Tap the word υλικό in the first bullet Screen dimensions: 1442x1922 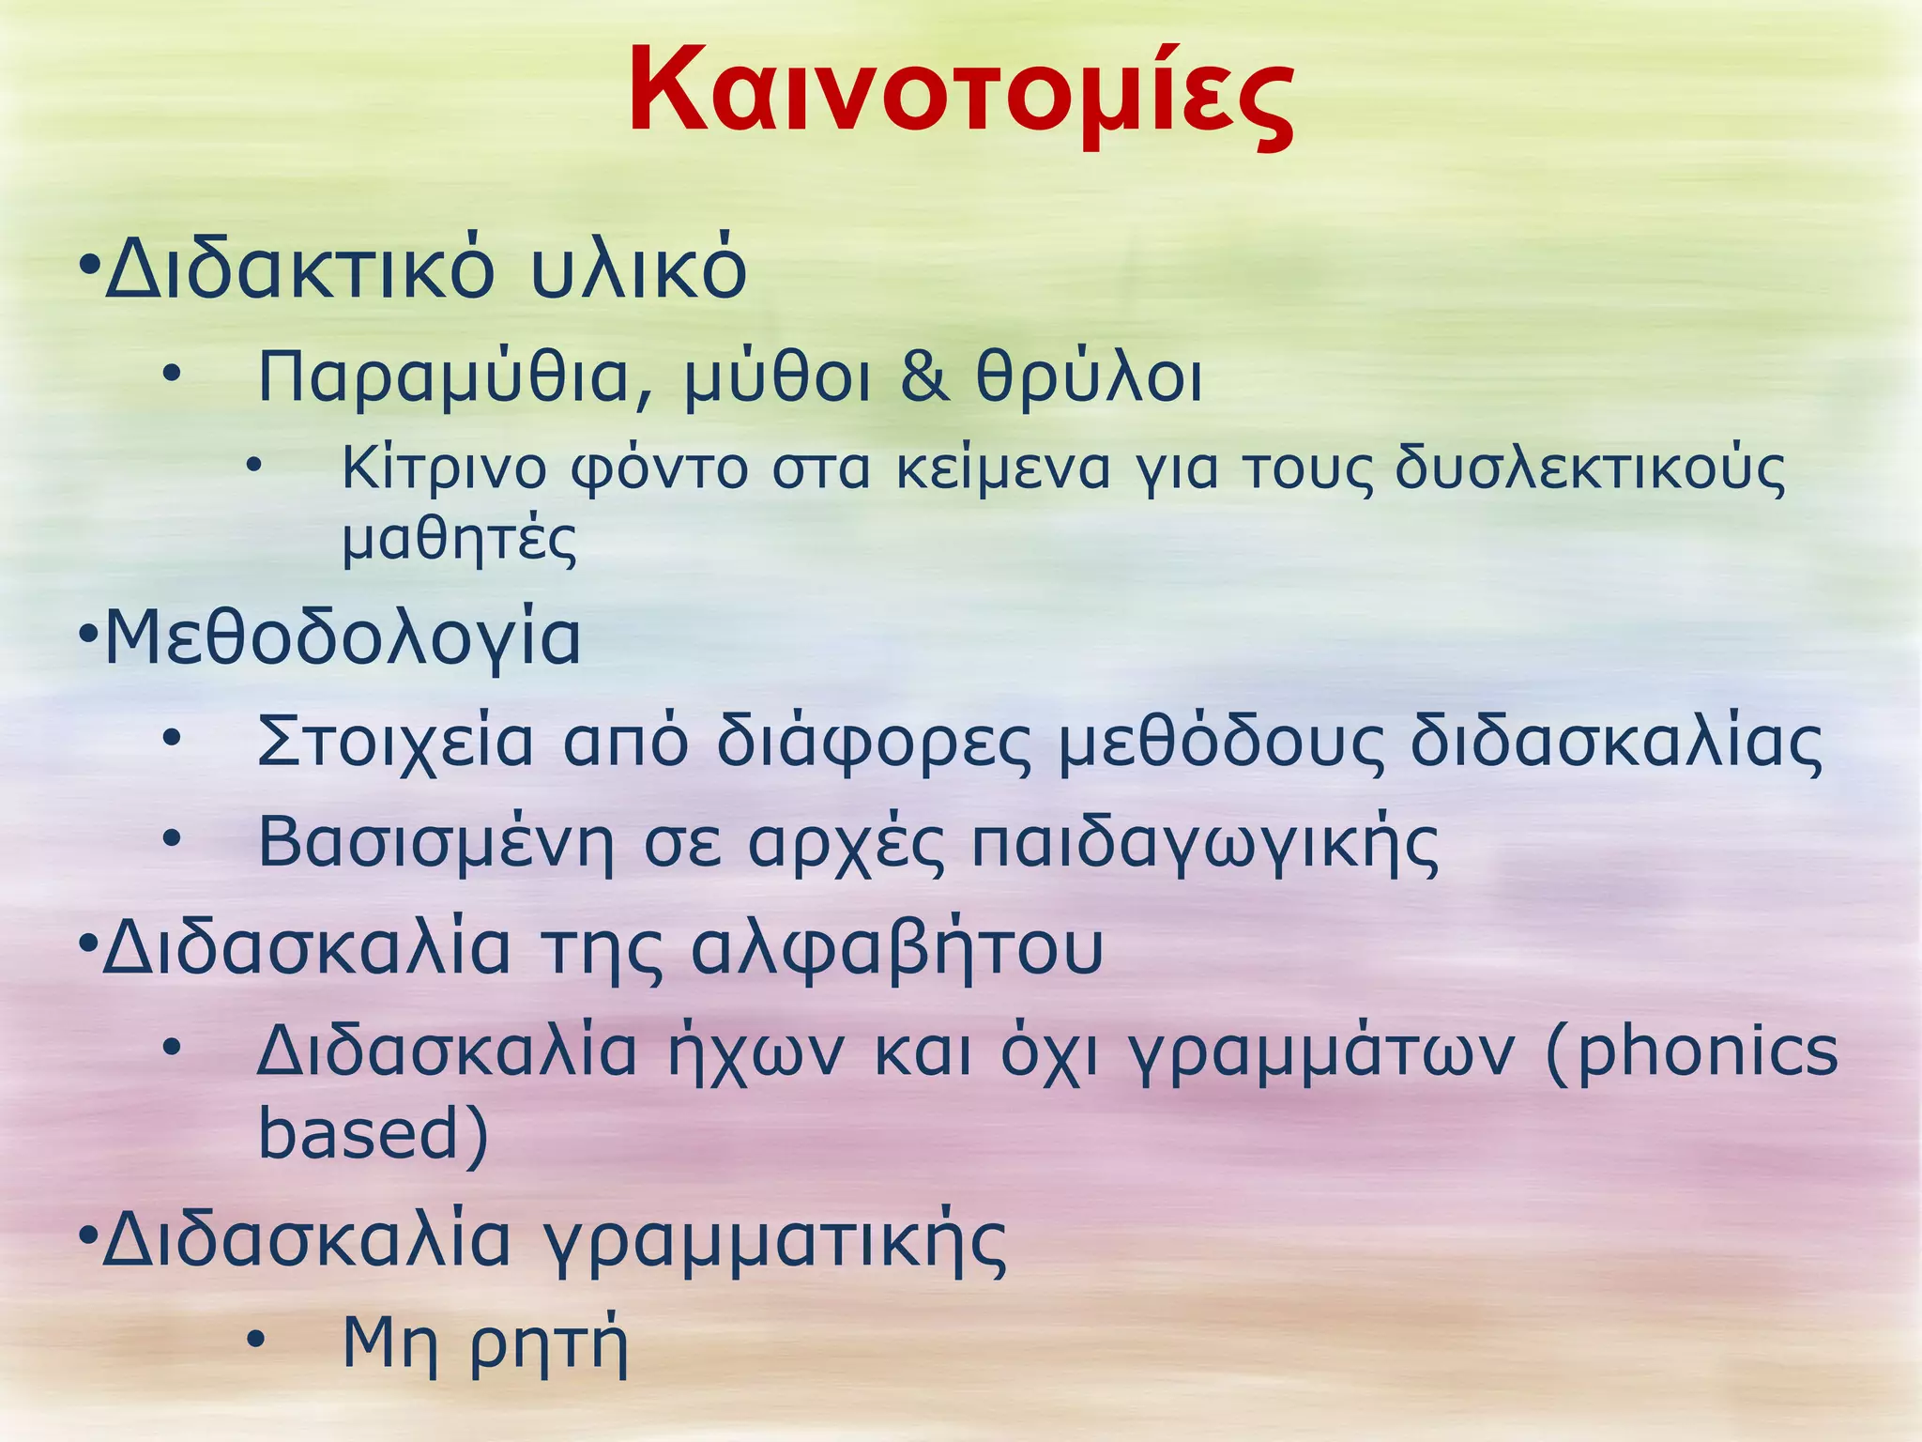pos(638,271)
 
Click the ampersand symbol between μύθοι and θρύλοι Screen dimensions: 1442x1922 pos(925,376)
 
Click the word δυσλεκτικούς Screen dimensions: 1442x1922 pos(1590,469)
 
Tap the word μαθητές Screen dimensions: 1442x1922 pos(459,540)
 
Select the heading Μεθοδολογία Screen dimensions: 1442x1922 pos(343,638)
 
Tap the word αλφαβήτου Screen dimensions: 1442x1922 pos(897,949)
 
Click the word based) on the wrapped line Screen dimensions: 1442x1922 pos(374,1134)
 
